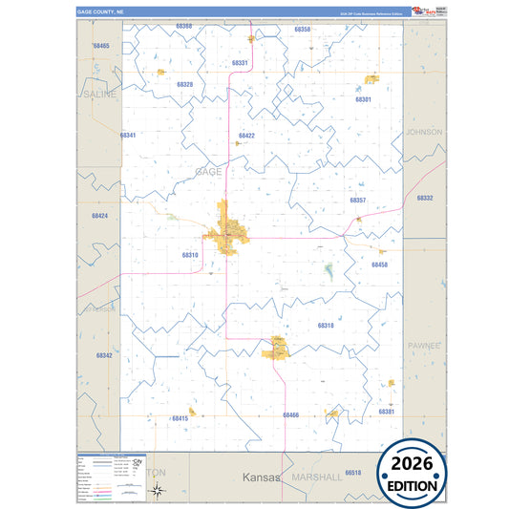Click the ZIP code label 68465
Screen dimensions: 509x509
[101, 46]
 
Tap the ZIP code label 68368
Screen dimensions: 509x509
[183, 26]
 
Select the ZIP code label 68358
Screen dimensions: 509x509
[302, 30]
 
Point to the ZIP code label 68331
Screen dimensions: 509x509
[240, 63]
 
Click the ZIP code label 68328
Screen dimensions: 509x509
[184, 84]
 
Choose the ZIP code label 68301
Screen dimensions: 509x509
[363, 99]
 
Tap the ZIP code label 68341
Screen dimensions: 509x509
[128, 136]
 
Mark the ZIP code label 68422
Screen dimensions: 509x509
[246, 136]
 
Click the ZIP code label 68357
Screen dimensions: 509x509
[358, 201]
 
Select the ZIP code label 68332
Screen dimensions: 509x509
[424, 198]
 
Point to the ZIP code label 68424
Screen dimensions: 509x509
[99, 216]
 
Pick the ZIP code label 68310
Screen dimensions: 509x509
[189, 255]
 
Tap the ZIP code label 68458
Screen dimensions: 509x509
[379, 265]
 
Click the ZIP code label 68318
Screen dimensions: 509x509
[325, 326]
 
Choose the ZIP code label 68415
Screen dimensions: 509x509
[180, 418]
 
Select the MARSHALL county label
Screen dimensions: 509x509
[317, 476]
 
